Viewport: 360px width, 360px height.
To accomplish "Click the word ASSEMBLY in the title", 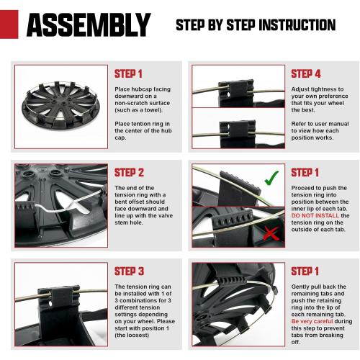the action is pos(89,24).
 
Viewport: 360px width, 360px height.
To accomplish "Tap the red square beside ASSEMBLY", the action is pos(9,24).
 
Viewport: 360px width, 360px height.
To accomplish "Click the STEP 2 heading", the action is pos(129,173).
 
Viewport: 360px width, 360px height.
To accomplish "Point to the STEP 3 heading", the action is pos(129,271).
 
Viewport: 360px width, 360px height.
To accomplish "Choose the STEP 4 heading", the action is pos(306,73).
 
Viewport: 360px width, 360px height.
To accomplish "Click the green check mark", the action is pos(271,178).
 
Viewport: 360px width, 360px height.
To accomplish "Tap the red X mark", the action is pos(271,233).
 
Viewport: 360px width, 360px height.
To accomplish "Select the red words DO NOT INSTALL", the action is pos(315,215).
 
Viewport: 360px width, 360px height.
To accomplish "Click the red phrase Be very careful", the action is pos(312,321).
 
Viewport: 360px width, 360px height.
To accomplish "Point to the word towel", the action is pos(153,110).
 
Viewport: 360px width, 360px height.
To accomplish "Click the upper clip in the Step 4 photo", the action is pos(236,93).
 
